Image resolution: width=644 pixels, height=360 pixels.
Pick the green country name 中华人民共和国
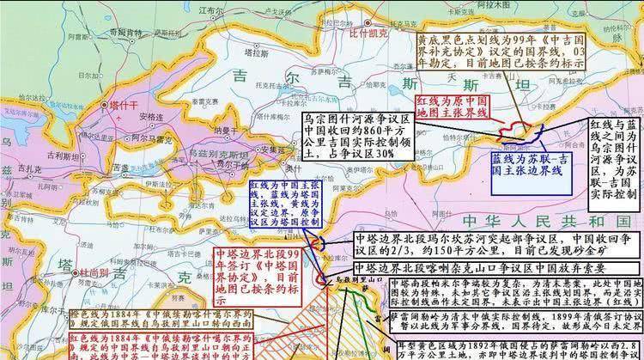point(550,220)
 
